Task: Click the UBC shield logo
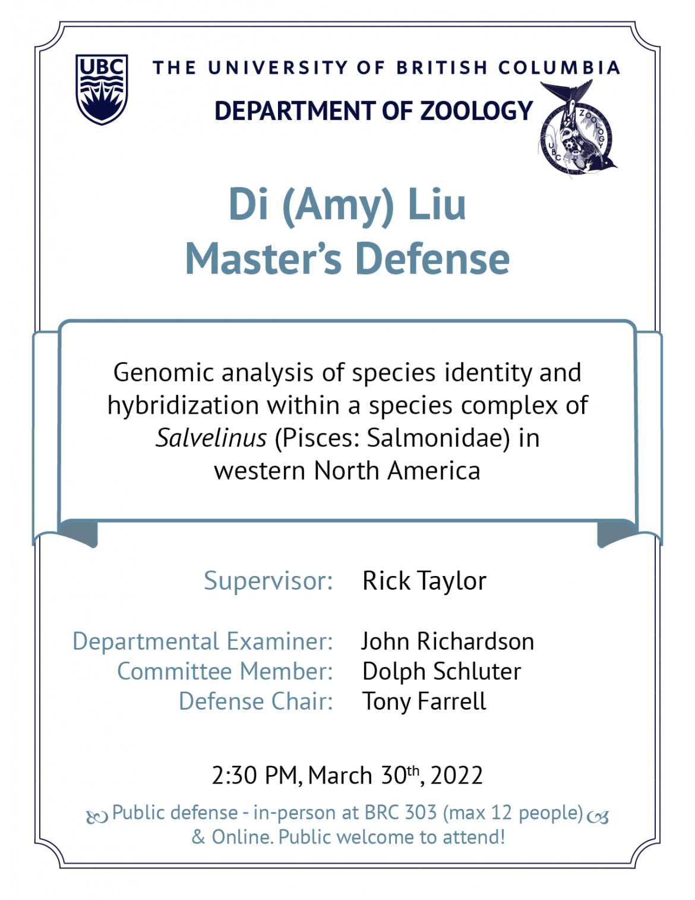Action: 102,89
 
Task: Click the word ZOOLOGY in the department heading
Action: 476,111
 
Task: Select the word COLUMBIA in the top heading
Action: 559,68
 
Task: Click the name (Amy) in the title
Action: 337,206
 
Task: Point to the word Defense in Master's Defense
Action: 432,259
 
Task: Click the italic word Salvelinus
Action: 211,438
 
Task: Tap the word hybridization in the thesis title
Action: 183,405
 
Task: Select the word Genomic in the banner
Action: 164,373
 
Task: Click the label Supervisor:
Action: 268,581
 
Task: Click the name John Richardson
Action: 448,641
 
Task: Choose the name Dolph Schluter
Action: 441,672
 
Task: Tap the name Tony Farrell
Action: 424,701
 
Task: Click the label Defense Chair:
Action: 255,701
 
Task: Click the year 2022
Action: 456,775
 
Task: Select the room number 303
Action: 421,813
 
